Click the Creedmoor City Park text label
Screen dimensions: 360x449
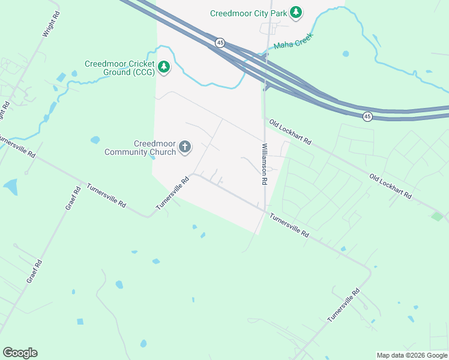(248, 13)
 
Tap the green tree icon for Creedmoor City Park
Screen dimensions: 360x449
(295, 12)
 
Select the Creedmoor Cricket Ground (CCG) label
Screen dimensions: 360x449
(119, 68)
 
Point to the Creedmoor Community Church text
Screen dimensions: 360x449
(140, 148)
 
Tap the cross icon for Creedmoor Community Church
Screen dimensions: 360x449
(185, 146)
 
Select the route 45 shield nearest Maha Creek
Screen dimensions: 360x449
(220, 43)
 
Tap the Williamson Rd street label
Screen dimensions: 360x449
(264, 163)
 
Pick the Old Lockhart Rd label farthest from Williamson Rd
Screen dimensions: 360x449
(391, 187)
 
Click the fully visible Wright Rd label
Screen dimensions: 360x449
(52, 24)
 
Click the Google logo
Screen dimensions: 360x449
(20, 353)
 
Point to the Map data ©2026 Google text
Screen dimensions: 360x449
(411, 355)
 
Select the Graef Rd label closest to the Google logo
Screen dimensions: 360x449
(34, 272)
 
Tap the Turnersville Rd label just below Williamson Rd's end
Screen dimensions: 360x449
(289, 226)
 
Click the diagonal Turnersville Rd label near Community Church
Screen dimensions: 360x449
(172, 193)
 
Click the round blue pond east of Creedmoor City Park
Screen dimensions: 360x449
(346, 54)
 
